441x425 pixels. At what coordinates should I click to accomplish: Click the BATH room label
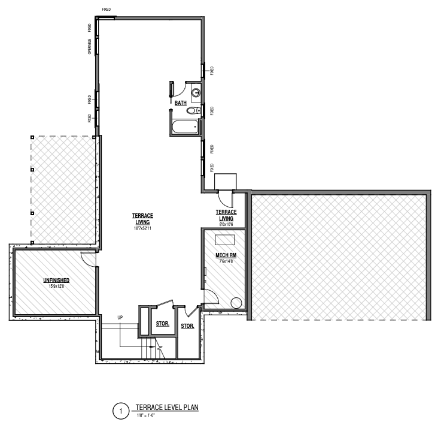tap(181, 103)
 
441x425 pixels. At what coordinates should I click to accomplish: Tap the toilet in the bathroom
tap(193, 110)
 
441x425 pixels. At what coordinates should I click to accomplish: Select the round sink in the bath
tap(196, 92)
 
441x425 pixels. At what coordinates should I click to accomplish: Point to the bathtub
tap(185, 127)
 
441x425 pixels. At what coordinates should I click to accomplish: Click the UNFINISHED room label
tap(56, 280)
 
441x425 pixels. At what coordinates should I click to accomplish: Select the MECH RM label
tap(226, 255)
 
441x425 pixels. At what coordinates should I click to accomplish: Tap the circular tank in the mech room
tap(236, 303)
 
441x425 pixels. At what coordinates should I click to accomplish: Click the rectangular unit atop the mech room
tap(225, 240)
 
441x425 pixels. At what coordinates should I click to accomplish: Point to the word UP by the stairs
tap(120, 318)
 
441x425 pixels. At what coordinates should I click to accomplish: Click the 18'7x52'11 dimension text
tap(142, 228)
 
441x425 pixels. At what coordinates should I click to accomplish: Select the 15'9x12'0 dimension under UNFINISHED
tap(56, 287)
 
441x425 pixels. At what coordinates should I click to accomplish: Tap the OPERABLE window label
tap(89, 47)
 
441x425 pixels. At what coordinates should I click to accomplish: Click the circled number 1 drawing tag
tap(121, 411)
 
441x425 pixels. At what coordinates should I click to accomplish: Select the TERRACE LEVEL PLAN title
tap(167, 407)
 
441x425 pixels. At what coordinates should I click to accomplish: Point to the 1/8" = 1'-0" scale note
tap(146, 415)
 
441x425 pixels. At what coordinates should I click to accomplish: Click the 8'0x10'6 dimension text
tap(226, 225)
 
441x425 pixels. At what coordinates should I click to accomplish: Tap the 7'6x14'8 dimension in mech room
tap(226, 261)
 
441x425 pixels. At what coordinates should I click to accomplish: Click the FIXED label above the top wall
tap(107, 10)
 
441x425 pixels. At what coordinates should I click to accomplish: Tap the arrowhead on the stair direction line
tap(153, 346)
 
